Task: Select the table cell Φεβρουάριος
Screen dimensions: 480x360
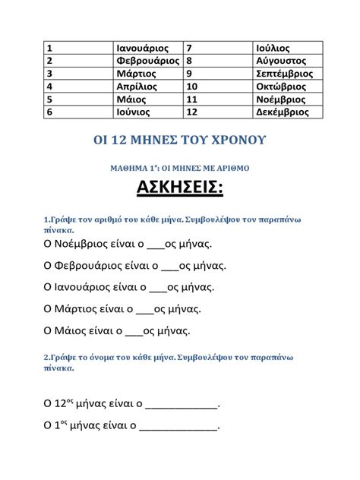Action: point(147,60)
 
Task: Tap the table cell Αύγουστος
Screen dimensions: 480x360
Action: point(280,60)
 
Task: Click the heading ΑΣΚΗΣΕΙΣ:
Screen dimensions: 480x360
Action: point(179,189)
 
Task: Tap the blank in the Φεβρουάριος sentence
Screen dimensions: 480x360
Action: point(170,268)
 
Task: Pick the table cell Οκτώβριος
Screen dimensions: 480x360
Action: point(281,86)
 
